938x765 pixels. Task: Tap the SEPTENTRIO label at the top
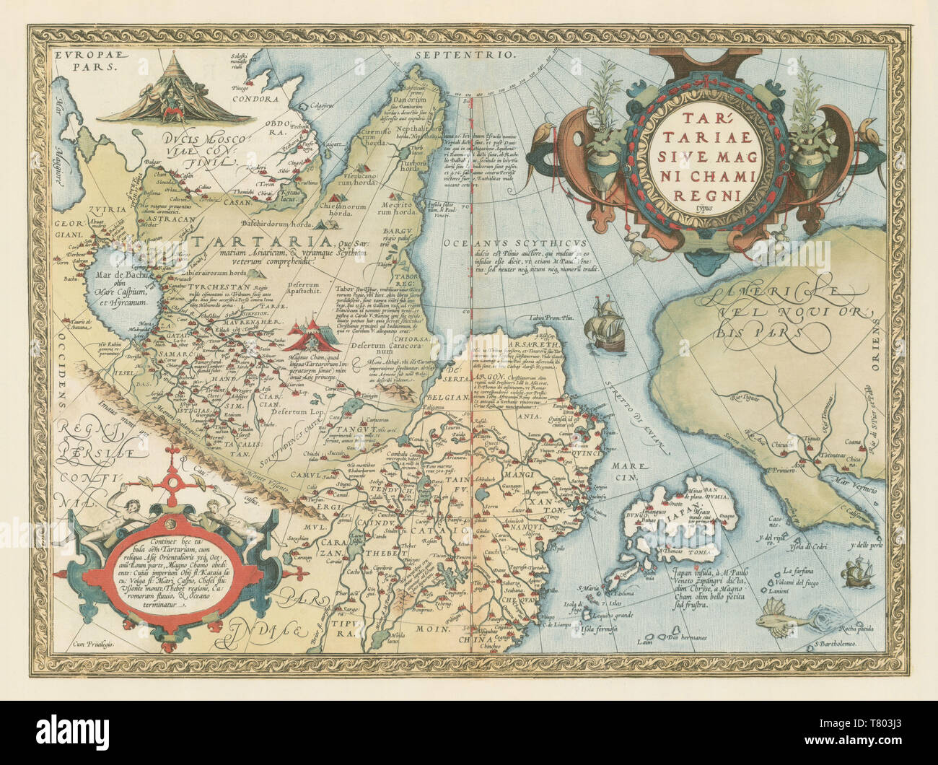coord(466,54)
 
